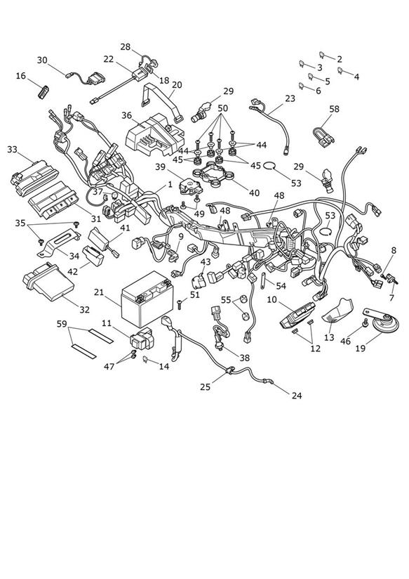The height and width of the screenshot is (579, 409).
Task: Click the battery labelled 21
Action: (x=147, y=299)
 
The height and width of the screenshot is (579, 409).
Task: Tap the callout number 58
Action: (x=334, y=109)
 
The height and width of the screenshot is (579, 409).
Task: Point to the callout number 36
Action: (x=126, y=115)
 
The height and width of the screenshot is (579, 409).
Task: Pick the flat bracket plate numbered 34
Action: (x=59, y=243)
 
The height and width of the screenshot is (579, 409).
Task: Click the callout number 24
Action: (x=297, y=396)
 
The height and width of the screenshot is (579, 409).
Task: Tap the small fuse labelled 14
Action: (x=146, y=359)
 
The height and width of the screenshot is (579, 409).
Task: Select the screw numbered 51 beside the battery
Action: (x=180, y=305)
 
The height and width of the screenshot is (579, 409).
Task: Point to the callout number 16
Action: (x=21, y=76)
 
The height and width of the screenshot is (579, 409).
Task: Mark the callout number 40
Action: (x=254, y=193)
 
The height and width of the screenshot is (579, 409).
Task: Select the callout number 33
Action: (x=12, y=150)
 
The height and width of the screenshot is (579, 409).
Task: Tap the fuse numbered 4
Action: (x=340, y=70)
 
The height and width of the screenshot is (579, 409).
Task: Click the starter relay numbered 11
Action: (x=142, y=338)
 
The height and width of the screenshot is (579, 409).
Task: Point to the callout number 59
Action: (x=62, y=324)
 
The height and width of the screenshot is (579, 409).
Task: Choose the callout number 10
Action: (x=271, y=299)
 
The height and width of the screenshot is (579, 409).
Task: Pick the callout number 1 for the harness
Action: (x=170, y=184)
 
